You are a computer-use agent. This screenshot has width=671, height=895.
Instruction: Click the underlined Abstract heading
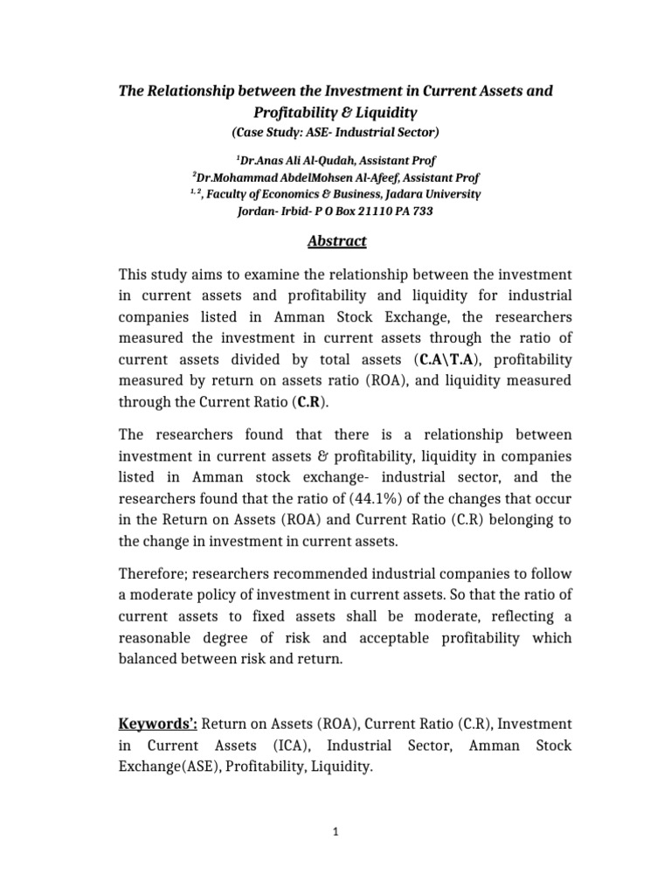tap(335, 241)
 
